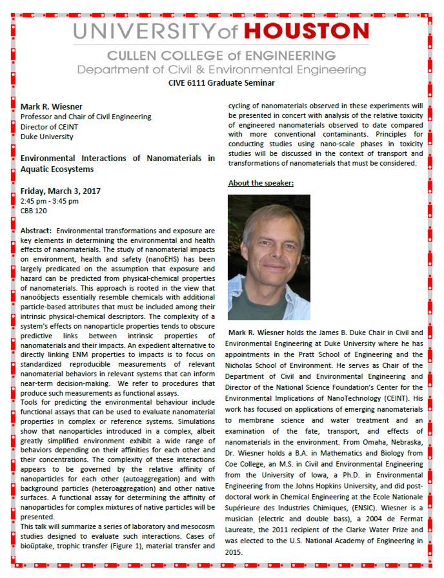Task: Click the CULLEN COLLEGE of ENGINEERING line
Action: [x=221, y=55]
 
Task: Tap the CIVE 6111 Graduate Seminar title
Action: [x=221, y=82]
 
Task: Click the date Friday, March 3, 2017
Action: [x=61, y=191]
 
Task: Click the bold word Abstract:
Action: [x=36, y=230]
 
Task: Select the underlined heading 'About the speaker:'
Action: [x=261, y=184]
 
